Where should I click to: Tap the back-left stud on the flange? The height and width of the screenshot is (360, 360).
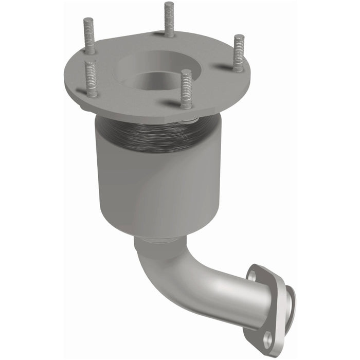click(x=89, y=36)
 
